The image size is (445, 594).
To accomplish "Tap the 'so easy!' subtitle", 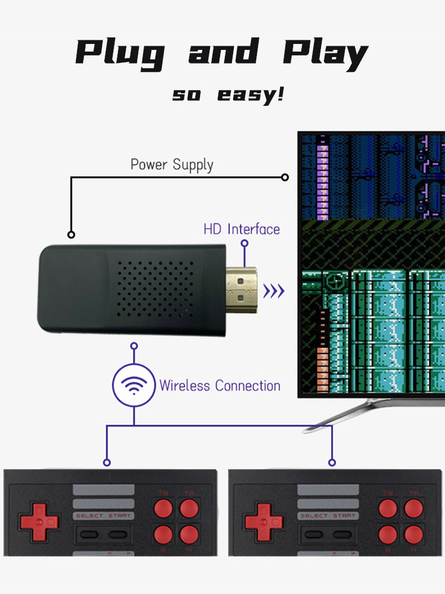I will (x=228, y=94).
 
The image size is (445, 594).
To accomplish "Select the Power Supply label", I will (x=171, y=165).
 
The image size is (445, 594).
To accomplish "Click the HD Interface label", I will (x=241, y=229).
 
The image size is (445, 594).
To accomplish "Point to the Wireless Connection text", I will (x=220, y=386).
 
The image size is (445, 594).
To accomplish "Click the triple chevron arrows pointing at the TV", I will (x=274, y=290).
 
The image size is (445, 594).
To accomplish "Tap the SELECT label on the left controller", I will (x=89, y=516).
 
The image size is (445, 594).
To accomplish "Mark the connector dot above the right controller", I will (x=332, y=462).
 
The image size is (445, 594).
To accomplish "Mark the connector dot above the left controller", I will (x=107, y=462).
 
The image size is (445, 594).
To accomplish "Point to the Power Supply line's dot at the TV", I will (x=285, y=177).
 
